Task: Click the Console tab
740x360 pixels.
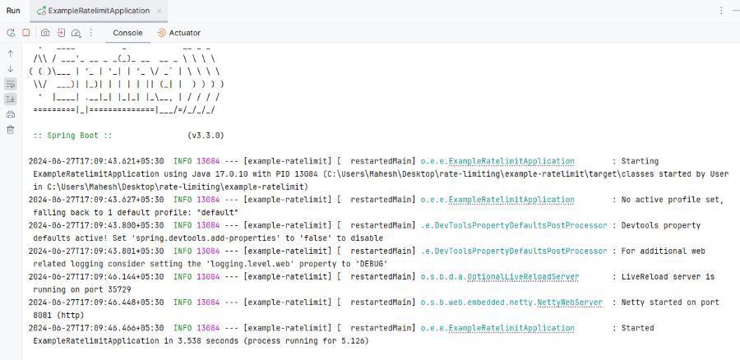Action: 127,33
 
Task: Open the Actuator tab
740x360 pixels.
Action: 179,33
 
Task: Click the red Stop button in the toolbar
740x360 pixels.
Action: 26,33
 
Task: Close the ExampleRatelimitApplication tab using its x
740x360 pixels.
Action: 160,11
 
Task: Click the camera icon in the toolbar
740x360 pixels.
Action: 45,33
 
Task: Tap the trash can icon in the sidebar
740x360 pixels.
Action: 11,129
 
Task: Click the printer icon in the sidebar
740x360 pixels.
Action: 11,114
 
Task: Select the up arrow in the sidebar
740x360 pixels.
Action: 11,53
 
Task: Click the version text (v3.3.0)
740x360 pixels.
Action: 206,136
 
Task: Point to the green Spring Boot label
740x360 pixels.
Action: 72,136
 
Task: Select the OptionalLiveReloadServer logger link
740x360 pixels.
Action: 523,277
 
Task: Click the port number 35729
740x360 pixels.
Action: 119,289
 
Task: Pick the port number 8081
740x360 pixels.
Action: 43,315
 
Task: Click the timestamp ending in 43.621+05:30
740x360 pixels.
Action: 96,161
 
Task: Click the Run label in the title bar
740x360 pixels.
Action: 13,11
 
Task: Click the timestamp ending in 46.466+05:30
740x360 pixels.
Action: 96,328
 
